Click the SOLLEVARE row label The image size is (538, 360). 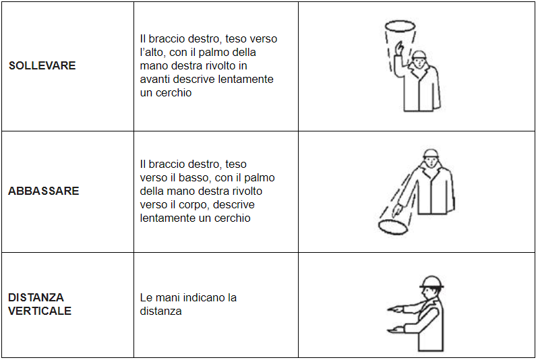(x=42, y=66)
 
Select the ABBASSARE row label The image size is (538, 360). (x=43, y=191)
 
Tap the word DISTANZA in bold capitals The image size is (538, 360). (x=36, y=297)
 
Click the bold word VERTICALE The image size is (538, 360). (x=40, y=311)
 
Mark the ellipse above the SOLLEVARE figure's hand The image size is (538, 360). (x=400, y=27)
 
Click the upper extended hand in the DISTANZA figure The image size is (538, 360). (x=396, y=309)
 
